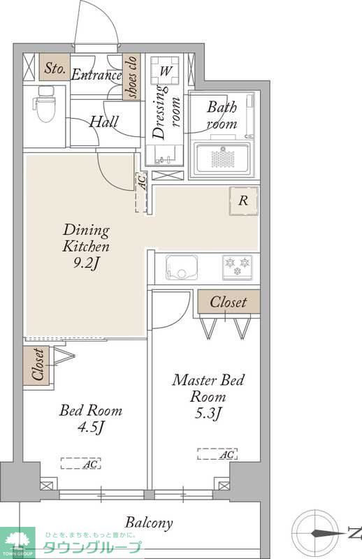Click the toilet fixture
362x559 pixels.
(x=45, y=104)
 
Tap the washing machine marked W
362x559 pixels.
(x=165, y=70)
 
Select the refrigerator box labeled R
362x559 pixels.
(x=243, y=201)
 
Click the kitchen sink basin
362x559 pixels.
(x=182, y=268)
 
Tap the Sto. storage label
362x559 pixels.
(x=55, y=67)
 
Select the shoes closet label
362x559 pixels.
(x=131, y=77)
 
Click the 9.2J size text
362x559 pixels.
(x=86, y=263)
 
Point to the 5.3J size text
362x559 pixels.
(x=208, y=413)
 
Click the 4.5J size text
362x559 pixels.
(x=91, y=426)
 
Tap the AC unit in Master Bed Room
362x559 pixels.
(x=217, y=453)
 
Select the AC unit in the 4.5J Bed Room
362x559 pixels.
(x=80, y=463)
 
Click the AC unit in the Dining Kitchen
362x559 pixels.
(x=141, y=193)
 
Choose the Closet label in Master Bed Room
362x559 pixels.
(x=229, y=303)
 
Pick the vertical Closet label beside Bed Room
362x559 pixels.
(x=38, y=365)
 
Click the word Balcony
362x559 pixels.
(x=149, y=523)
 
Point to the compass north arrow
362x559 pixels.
(x=324, y=534)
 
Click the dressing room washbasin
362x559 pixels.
(x=165, y=155)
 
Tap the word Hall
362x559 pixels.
(x=103, y=122)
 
